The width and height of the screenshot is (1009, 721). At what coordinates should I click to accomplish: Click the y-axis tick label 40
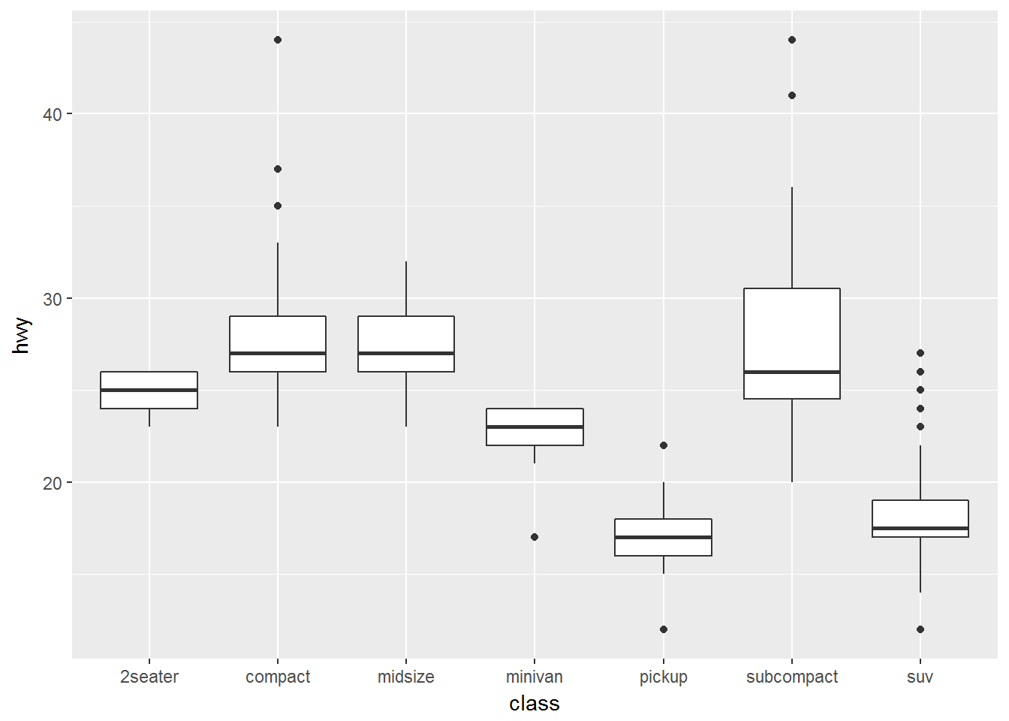point(52,114)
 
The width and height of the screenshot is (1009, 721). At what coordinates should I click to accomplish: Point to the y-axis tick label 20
point(52,483)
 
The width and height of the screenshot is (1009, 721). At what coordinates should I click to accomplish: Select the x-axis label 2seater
point(149,677)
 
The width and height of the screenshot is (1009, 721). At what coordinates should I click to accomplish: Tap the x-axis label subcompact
point(791,677)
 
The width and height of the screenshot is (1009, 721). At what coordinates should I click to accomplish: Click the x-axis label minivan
point(535,677)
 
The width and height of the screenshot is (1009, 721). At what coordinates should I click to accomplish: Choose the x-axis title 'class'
point(535,704)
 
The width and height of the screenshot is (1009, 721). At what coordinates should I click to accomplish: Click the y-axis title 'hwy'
point(21,335)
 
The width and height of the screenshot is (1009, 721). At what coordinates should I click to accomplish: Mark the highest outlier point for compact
point(278,40)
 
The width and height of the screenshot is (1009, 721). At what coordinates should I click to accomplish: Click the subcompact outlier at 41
point(792,95)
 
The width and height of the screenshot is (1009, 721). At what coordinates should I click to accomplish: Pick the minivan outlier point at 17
point(535,537)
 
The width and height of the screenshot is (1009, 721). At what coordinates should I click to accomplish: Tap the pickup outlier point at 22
point(664,445)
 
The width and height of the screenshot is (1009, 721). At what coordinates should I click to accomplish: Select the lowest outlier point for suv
point(920,629)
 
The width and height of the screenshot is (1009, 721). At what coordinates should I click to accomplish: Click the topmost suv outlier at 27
point(920,353)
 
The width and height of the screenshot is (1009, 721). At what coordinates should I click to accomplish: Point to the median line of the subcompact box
point(792,372)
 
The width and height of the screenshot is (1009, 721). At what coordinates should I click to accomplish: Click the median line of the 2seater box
point(149,390)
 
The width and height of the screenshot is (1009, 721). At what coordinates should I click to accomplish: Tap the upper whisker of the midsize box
point(406,288)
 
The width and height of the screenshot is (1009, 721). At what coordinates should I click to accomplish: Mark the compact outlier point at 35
point(278,206)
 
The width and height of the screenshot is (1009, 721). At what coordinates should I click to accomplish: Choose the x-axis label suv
point(920,677)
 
